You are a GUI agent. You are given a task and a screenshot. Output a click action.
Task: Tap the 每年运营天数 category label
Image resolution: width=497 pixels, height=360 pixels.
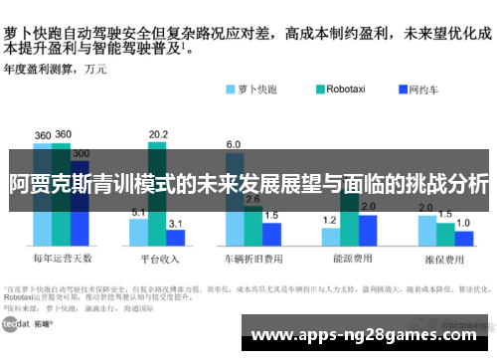tap(61, 258)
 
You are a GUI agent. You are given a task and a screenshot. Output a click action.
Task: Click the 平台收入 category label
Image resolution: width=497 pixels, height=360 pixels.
tap(158, 258)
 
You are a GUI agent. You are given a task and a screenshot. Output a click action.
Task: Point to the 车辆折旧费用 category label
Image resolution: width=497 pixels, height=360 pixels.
tap(252, 258)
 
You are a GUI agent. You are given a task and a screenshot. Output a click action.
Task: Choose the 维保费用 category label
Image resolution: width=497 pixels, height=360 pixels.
tap(444, 258)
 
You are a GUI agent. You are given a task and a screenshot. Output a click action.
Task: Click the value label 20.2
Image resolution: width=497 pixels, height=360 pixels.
tap(158, 134)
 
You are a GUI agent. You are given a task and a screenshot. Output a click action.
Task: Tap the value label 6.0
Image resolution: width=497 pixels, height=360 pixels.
tap(234, 145)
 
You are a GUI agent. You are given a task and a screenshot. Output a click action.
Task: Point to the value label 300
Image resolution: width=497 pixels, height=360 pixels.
tap(81, 154)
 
